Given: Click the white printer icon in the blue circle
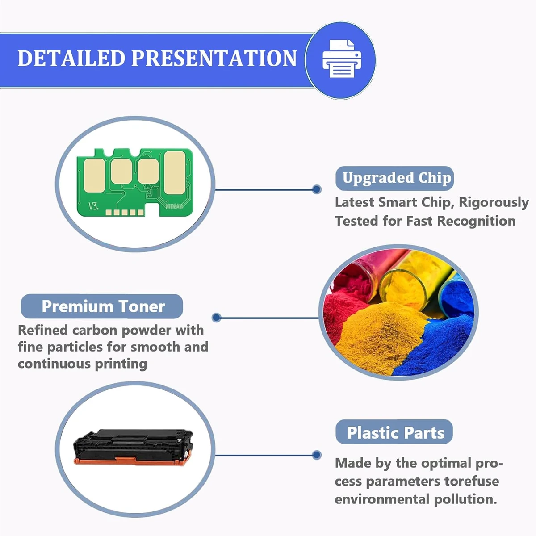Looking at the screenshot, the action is [x=342, y=59].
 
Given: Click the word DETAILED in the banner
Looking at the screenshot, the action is [x=71, y=58].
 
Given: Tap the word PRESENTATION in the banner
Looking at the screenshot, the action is [x=214, y=58].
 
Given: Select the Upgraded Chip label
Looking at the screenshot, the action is [x=394, y=178].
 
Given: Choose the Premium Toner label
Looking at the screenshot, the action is [x=102, y=306].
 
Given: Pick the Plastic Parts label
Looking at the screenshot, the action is [x=394, y=433].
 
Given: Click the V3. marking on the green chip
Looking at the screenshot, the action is [x=93, y=206].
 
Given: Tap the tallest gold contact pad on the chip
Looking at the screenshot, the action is [x=174, y=173].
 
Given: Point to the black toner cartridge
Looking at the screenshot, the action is [x=133, y=447].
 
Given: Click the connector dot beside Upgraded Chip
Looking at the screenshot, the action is [x=317, y=189].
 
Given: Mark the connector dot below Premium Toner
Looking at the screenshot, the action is [x=216, y=318].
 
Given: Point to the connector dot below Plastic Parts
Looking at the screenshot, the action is [x=317, y=455].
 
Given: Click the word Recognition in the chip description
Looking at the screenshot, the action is [x=476, y=222].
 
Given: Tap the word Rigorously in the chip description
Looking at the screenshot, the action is [x=494, y=203].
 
